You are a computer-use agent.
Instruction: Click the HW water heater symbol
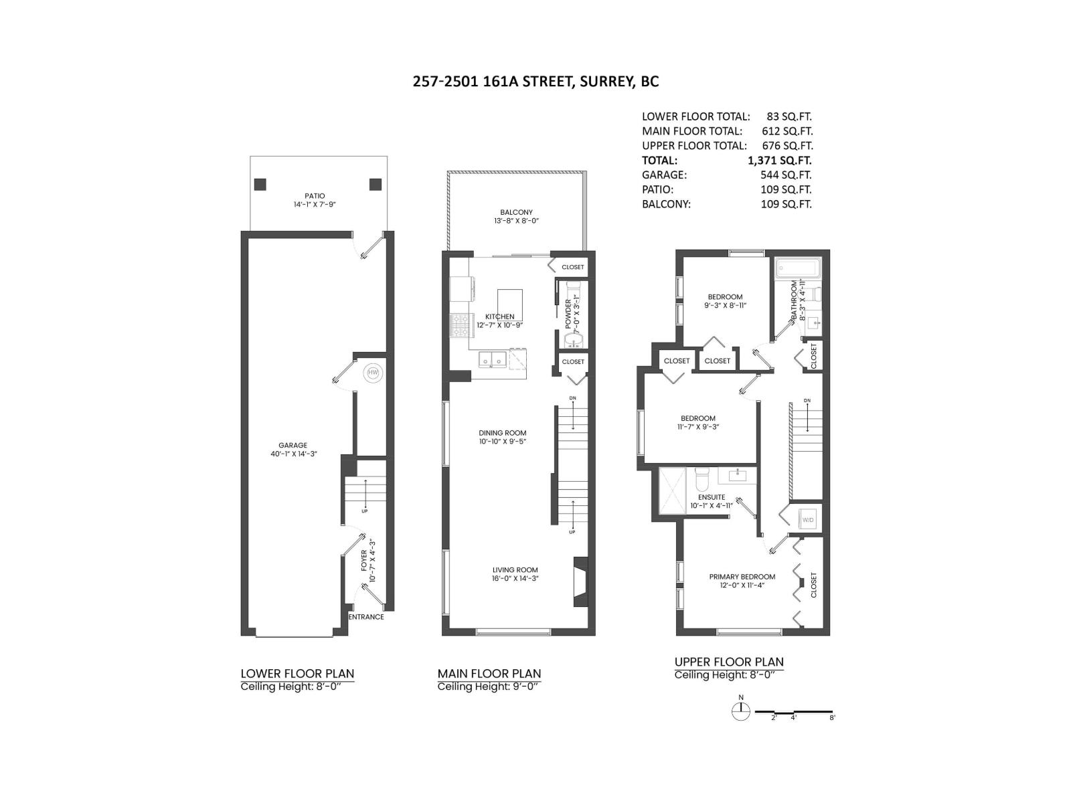(x=372, y=373)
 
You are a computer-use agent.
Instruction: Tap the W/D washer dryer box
(x=808, y=519)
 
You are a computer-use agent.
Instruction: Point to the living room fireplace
(x=580, y=582)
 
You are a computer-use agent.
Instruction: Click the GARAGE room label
(x=293, y=445)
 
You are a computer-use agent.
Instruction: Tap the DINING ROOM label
(x=502, y=433)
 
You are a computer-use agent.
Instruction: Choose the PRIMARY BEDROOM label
(x=742, y=577)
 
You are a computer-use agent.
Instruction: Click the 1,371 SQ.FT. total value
(x=779, y=161)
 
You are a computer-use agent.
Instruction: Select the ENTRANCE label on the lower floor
(x=366, y=617)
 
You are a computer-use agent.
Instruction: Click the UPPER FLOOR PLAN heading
(x=728, y=662)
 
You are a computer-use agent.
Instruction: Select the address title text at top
(x=535, y=82)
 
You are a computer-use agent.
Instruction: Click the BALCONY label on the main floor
(x=516, y=212)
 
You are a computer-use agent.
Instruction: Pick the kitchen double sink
(x=492, y=361)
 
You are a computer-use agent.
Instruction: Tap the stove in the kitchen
(x=460, y=325)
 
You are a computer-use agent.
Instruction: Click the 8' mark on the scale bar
(x=832, y=717)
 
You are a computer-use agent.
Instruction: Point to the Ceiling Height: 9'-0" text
(x=489, y=687)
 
